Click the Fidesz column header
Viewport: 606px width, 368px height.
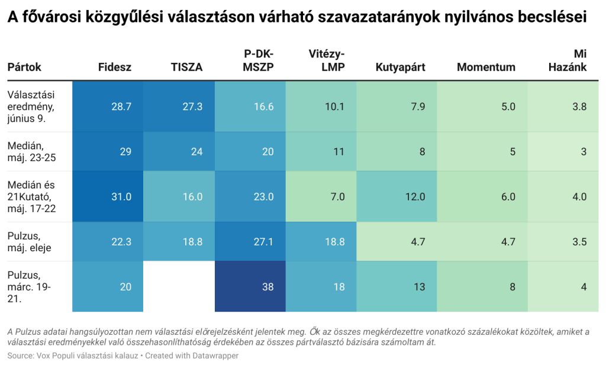tap(115, 68)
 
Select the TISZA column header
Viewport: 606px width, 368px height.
tap(186, 68)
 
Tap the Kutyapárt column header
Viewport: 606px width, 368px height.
tap(401, 68)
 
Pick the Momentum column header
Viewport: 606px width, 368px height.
tap(486, 68)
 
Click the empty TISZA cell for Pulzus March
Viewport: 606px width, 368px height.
tap(179, 287)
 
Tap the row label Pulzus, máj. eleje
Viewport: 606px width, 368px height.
tap(30, 242)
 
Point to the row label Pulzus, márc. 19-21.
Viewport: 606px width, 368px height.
tap(30, 287)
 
